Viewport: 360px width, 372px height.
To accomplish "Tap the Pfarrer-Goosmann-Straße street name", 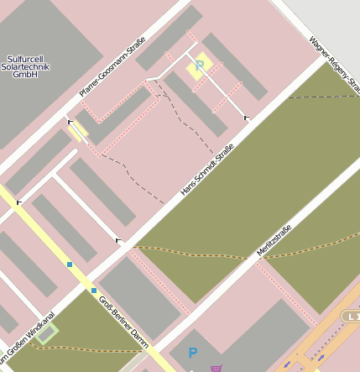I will coord(112,67).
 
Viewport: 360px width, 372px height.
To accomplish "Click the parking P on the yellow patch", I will coord(200,65).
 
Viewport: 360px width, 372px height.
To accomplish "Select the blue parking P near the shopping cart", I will coord(192,354).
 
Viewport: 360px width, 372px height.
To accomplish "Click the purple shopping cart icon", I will coord(217,367).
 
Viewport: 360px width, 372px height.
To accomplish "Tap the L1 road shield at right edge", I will coord(352,315).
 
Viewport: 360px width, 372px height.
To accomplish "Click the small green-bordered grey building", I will coord(47,333).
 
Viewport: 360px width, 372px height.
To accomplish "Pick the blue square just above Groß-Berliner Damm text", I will coord(94,291).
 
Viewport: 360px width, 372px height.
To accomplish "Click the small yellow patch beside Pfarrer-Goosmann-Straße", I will coord(78,131).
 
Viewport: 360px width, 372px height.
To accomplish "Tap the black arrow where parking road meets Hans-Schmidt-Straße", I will coord(246,118).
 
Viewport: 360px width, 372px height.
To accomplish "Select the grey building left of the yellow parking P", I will coord(168,39).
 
